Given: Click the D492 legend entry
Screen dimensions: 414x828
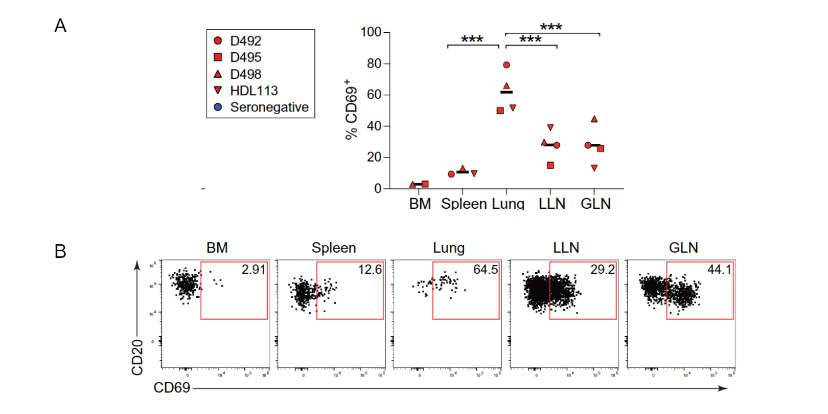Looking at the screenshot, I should pos(245,40).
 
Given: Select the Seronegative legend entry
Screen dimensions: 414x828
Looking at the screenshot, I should pos(269,107).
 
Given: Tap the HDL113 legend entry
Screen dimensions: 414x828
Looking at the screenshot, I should pos(254,91).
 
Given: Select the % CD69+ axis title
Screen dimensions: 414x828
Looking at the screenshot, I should pos(351,109).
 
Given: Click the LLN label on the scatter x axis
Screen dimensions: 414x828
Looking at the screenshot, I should pos(552,204).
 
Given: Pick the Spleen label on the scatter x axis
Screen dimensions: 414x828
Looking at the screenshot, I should pos(464,204).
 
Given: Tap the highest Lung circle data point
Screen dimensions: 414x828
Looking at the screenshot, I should pos(507,65).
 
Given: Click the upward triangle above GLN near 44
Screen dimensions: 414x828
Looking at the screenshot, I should pos(594,119).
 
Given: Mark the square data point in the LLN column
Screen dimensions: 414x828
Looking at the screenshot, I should pos(550,165).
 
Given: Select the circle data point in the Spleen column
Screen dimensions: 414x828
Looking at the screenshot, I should pos(451,174).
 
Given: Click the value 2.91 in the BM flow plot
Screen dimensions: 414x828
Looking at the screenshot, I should pos(254,269).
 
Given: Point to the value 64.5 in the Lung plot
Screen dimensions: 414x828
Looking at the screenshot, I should pos(485,269).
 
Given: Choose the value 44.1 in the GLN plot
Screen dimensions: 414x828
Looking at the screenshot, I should pos(719,269).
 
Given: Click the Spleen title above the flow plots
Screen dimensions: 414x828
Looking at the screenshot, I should pos(334,248).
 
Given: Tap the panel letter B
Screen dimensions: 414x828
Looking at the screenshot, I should pos(60,251).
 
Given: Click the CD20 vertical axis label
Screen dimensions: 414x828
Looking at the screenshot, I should pos(137,357).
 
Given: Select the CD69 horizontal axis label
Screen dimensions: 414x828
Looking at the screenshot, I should pos(172,387).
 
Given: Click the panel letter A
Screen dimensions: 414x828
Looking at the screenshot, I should pos(60,26).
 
